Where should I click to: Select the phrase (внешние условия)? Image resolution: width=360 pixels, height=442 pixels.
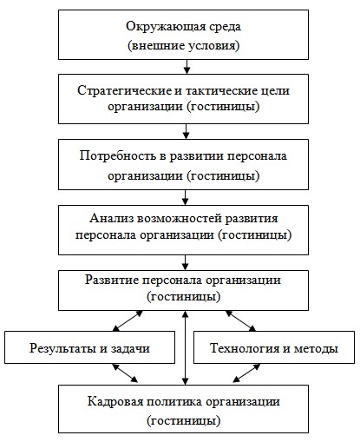pyautogui.click(x=184, y=46)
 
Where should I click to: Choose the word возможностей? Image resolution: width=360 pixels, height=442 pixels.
pyautogui.click(x=180, y=218)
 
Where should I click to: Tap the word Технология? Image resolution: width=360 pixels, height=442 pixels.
pyautogui.click(x=245, y=348)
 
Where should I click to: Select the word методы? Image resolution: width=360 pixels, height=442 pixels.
pyautogui.click(x=317, y=348)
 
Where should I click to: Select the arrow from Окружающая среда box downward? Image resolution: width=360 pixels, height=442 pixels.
pyautogui.click(x=187, y=67)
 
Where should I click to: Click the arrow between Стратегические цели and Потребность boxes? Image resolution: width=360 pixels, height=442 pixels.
pyautogui.click(x=187, y=131)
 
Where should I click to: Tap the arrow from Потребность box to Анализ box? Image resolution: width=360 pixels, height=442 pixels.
pyautogui.click(x=186, y=197)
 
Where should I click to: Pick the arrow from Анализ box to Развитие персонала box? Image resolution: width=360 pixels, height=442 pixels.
pyautogui.click(x=186, y=262)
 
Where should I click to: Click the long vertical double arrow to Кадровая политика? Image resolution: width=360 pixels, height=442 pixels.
pyautogui.click(x=186, y=347)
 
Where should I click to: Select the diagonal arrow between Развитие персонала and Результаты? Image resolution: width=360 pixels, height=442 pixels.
pyautogui.click(x=128, y=320)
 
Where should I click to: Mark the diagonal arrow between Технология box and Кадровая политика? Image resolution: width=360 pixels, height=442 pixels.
pyautogui.click(x=246, y=373)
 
